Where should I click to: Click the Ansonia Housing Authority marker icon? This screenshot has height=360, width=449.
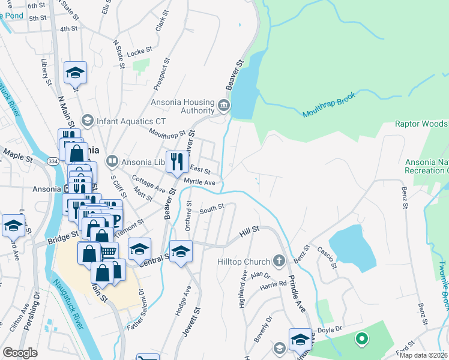(x=224, y=106)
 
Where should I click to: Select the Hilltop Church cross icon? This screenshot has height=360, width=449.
(x=278, y=261)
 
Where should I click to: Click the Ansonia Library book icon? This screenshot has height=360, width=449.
(x=112, y=161)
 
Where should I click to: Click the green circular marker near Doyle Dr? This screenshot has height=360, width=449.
(x=361, y=339)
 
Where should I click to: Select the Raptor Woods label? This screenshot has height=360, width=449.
(x=421, y=124)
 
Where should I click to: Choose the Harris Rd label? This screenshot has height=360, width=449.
(x=274, y=284)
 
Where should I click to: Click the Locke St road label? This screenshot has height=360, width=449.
(x=137, y=53)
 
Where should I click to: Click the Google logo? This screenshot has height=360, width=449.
(x=20, y=353)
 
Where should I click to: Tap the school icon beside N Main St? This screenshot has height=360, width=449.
(x=75, y=73)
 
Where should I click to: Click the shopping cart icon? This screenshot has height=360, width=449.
(x=108, y=252)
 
